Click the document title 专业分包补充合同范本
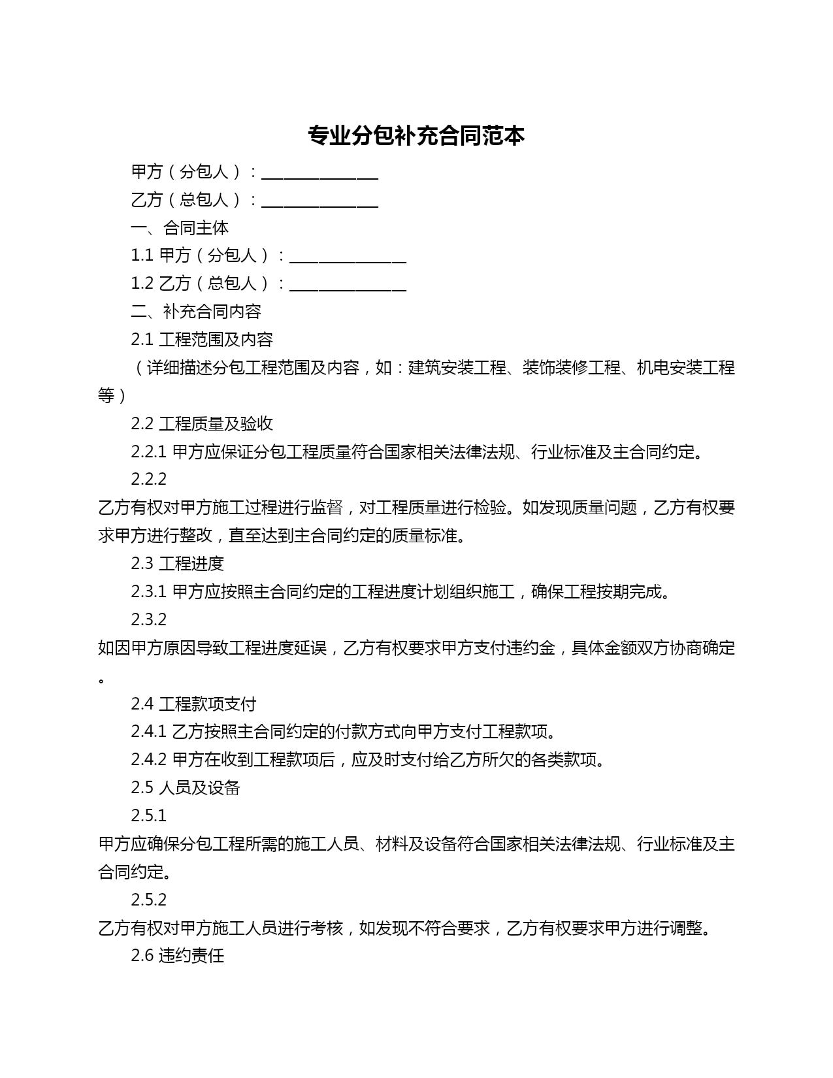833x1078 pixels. click(x=416, y=136)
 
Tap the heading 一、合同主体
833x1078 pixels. click(x=180, y=228)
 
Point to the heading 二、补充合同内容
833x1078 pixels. click(x=196, y=312)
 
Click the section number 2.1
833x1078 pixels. click(x=142, y=340)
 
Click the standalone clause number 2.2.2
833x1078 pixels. click(x=148, y=480)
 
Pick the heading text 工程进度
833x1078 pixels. click(x=191, y=564)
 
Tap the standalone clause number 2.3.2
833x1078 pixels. click(x=148, y=619)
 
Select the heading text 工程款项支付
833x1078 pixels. click(x=208, y=704)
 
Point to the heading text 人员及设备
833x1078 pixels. click(x=199, y=788)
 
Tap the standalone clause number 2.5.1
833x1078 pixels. click(x=148, y=816)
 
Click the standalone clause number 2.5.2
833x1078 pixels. click(x=148, y=900)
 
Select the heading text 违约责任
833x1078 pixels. click(x=191, y=956)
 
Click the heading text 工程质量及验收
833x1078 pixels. click(x=216, y=424)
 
